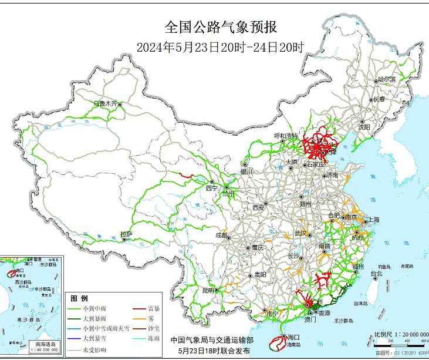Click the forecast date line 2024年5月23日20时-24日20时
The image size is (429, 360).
click(x=220, y=47)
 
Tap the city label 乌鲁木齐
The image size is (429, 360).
click(x=106, y=103)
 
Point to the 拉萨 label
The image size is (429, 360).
click(x=126, y=234)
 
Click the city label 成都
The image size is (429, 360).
click(x=221, y=235)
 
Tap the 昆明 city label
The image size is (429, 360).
click(x=208, y=290)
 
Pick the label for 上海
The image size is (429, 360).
click(x=373, y=220)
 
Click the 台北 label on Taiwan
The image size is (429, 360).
click(x=376, y=274)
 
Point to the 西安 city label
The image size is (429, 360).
click(x=259, y=207)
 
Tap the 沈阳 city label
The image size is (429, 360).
click(x=364, y=126)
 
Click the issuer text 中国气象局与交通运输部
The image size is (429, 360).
click(x=212, y=340)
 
